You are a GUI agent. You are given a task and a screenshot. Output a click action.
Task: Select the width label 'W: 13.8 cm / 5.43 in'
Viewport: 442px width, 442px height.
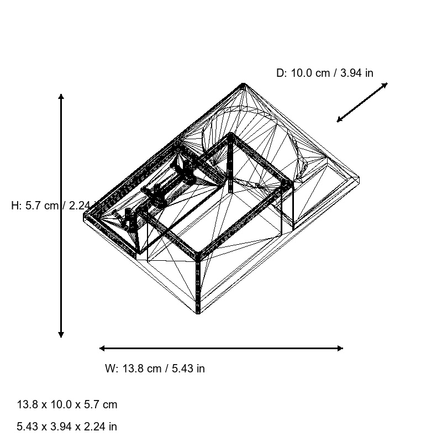[155, 369]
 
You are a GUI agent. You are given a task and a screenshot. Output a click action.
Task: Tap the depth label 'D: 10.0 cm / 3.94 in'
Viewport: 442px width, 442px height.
[324, 72]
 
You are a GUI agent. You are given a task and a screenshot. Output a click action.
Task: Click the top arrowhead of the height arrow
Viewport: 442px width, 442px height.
[61, 96]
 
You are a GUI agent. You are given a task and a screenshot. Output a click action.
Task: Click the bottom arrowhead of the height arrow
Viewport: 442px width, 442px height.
[61, 335]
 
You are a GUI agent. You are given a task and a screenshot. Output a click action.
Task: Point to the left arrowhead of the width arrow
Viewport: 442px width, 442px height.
[102, 348]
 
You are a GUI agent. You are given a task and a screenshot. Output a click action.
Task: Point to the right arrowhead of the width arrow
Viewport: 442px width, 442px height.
[340, 348]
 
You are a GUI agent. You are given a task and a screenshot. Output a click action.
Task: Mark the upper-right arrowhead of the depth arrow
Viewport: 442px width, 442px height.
[386, 85]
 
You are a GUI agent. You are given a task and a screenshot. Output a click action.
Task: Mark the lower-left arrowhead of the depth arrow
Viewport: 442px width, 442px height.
[339, 120]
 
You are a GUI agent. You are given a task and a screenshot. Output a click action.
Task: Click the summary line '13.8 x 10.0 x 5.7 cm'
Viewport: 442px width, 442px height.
[67, 404]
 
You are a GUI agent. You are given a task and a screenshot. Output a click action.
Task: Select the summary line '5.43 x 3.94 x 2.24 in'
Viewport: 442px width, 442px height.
[67, 427]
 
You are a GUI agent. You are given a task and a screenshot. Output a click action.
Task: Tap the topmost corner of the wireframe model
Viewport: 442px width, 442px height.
[243, 84]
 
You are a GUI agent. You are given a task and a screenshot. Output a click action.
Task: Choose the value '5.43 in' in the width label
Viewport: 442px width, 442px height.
[186, 369]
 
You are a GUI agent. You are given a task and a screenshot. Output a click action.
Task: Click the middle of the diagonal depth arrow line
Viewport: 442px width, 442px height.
[362, 102]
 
